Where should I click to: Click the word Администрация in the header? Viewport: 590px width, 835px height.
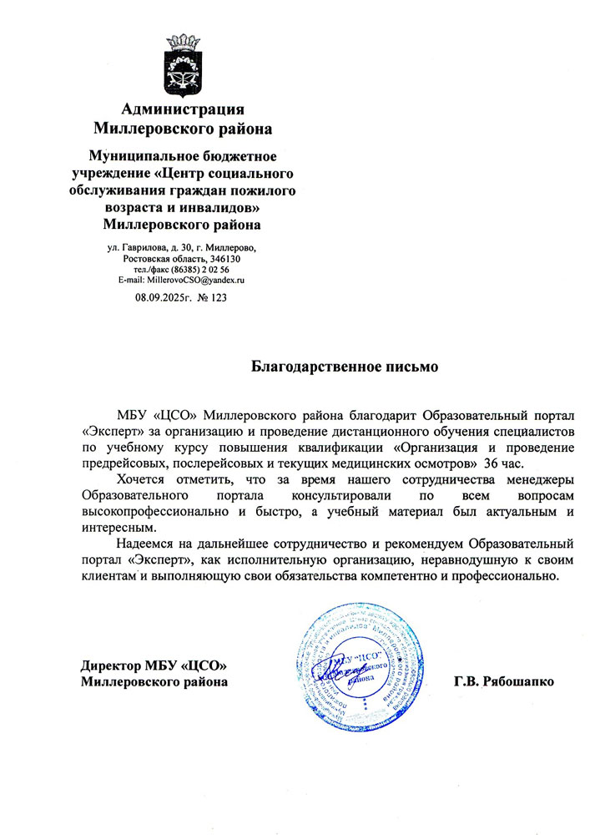pyautogui.click(x=183, y=109)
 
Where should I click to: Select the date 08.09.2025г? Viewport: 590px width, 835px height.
pyautogui.click(x=164, y=296)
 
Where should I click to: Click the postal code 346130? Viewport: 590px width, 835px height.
pyautogui.click(x=224, y=259)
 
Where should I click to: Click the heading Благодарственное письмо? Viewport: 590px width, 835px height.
pyautogui.click(x=345, y=366)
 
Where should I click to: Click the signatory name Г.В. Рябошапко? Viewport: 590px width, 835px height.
pyautogui.click(x=503, y=682)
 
